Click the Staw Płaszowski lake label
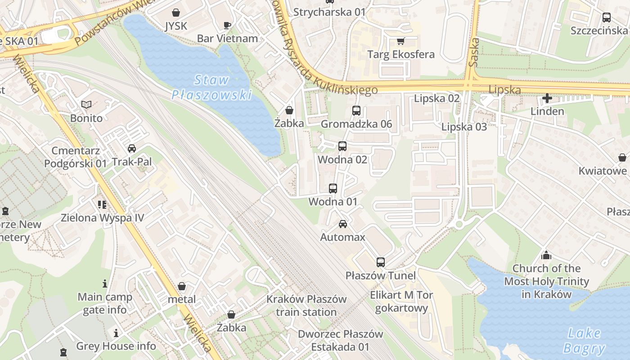211,87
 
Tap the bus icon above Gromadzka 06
356,110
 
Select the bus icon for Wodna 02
342,146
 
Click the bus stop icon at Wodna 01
333,189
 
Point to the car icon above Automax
343,224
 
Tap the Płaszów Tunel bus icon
381,262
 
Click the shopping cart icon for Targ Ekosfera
400,41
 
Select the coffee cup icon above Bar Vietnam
227,25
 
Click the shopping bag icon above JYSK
175,13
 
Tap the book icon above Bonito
86,105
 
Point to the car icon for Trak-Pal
132,148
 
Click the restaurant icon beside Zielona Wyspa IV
102,205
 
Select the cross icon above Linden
547,98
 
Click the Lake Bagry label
584,341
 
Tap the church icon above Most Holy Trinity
546,255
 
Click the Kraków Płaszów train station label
306,306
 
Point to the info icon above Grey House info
116,333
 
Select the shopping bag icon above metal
182,286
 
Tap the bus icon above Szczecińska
607,18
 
